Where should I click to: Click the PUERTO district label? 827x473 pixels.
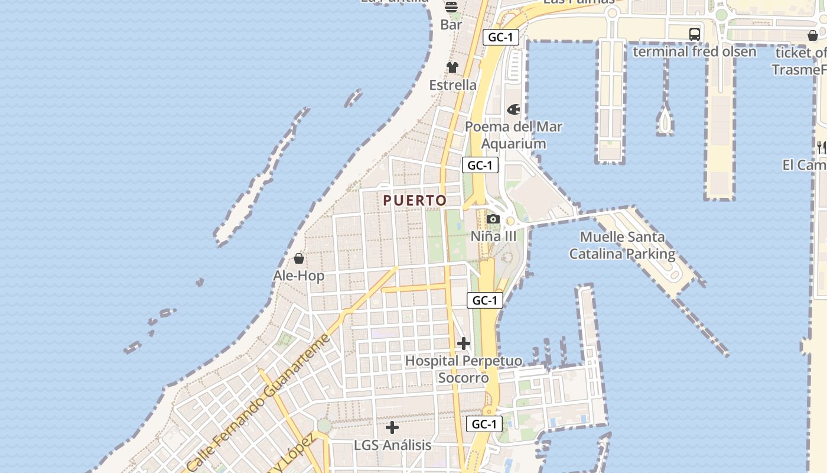(415, 200)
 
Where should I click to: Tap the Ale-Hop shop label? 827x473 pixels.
(298, 276)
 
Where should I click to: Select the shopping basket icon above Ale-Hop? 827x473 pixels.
(299, 258)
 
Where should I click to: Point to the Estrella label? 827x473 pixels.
(452, 85)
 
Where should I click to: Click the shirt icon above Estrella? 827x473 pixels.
(452, 67)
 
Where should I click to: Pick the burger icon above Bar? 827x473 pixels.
(451, 7)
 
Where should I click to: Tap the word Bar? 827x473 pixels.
(451, 25)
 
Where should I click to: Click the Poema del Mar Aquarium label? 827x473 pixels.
(513, 135)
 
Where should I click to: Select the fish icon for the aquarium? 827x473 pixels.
(513, 109)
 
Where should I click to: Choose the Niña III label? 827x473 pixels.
(493, 237)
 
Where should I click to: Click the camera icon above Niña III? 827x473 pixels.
(493, 219)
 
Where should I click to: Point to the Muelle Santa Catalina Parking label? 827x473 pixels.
(622, 245)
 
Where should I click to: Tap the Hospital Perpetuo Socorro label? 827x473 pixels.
(464, 369)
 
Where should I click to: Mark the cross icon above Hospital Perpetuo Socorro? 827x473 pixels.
(464, 343)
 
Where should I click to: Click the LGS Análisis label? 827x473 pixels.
(392, 445)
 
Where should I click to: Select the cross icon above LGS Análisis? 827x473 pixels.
(392, 427)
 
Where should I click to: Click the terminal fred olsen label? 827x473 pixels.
(694, 51)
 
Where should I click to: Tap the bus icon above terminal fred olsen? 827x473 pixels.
(695, 34)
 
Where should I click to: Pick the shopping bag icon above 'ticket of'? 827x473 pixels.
(813, 35)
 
